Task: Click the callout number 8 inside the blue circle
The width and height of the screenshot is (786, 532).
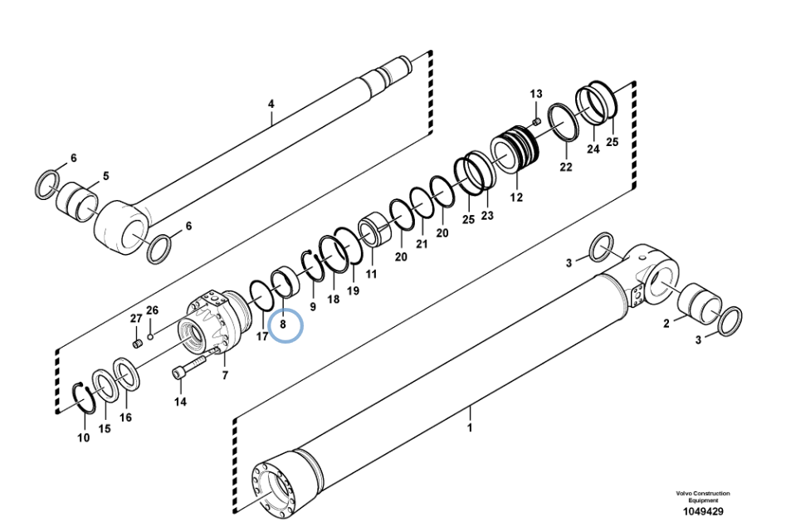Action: (x=283, y=325)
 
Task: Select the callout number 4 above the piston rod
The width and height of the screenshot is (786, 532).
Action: (x=271, y=105)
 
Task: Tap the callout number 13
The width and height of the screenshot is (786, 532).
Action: (x=536, y=94)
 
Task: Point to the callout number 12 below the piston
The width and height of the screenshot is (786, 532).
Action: (x=516, y=197)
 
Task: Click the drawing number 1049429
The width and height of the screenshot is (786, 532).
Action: (x=703, y=511)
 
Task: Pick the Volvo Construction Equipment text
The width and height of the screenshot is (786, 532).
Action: (x=703, y=496)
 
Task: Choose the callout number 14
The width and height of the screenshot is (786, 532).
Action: (x=180, y=402)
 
